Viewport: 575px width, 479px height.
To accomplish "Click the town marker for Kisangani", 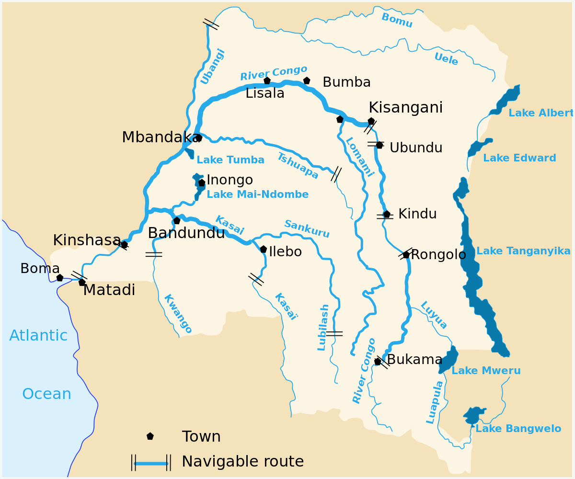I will click(x=371, y=121).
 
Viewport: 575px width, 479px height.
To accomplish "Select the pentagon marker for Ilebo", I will click(x=263, y=249).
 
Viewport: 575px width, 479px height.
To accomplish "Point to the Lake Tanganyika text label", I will click(x=523, y=251).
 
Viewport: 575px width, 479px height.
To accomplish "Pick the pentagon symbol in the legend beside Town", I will click(x=150, y=436).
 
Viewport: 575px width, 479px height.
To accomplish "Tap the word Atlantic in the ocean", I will click(x=38, y=336).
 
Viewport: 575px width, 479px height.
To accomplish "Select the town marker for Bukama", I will click(x=378, y=362).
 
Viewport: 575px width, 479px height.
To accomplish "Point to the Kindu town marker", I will click(x=387, y=214).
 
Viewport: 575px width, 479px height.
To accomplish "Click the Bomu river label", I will click(x=397, y=21).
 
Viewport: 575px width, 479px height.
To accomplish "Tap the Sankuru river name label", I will click(x=307, y=229).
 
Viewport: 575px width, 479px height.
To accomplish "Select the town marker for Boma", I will click(x=60, y=278).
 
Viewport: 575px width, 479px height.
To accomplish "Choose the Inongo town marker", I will click(x=202, y=182).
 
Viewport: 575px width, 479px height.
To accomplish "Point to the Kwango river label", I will click(x=178, y=314).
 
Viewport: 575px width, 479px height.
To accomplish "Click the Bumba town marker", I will click(x=307, y=81).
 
